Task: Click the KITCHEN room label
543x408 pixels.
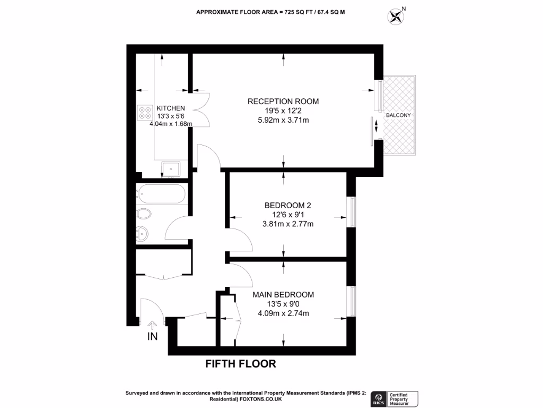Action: [x=170, y=107]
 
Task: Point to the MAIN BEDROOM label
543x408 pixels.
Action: [x=283, y=294]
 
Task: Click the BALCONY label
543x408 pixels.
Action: [x=399, y=115]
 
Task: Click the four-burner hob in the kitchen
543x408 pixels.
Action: [x=145, y=112]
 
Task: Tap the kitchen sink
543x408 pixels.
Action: [x=171, y=169]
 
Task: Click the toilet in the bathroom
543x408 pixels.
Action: [x=143, y=214]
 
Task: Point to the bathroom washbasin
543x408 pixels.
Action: [x=142, y=233]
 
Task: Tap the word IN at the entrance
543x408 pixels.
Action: [x=153, y=336]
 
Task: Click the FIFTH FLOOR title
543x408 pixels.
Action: [x=241, y=364]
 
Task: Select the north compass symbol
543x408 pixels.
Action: [x=396, y=16]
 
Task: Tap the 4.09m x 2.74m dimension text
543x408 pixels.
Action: [x=283, y=313]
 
